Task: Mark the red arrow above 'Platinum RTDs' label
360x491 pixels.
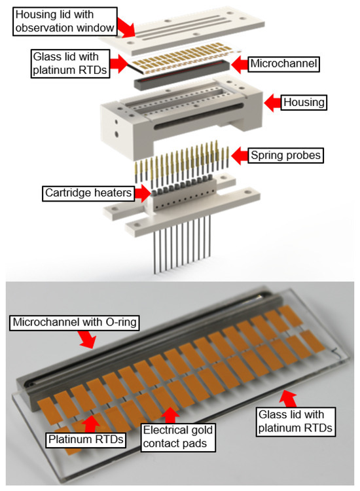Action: (92, 419)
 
